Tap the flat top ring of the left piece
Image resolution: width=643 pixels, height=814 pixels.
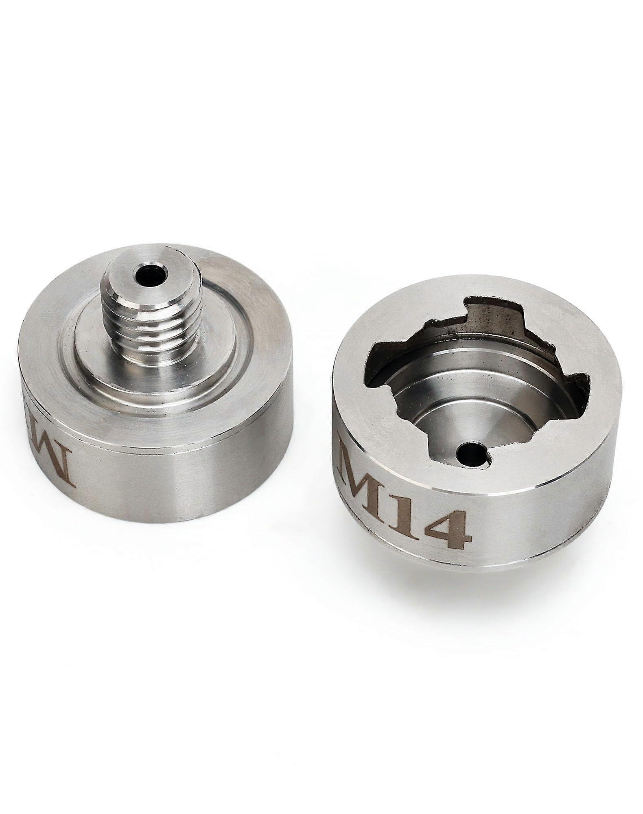pyautogui.click(x=252, y=309)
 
